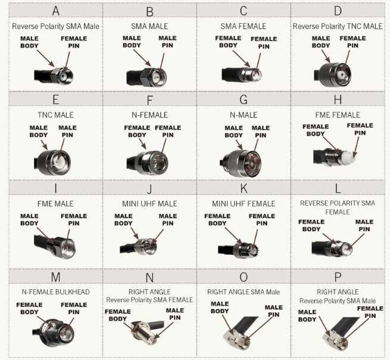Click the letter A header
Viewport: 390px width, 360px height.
[x=55, y=11]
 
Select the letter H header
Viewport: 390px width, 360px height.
[x=338, y=99]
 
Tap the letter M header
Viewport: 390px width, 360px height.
[x=55, y=277]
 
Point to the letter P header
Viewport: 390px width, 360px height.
[x=338, y=277]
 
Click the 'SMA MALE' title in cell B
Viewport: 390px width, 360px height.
[x=149, y=26]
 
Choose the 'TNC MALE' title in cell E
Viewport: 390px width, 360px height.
[x=55, y=115]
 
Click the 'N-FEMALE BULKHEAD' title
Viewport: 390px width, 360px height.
[x=55, y=292]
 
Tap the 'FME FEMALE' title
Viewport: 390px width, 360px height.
[x=338, y=115]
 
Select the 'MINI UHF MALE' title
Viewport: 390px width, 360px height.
[x=149, y=204]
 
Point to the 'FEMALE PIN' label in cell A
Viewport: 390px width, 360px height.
[x=74, y=42]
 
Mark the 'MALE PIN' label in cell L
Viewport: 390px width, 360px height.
[x=364, y=226]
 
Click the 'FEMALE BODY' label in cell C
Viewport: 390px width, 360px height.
[x=229, y=42]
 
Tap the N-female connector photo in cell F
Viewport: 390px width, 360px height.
[x=146, y=159]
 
